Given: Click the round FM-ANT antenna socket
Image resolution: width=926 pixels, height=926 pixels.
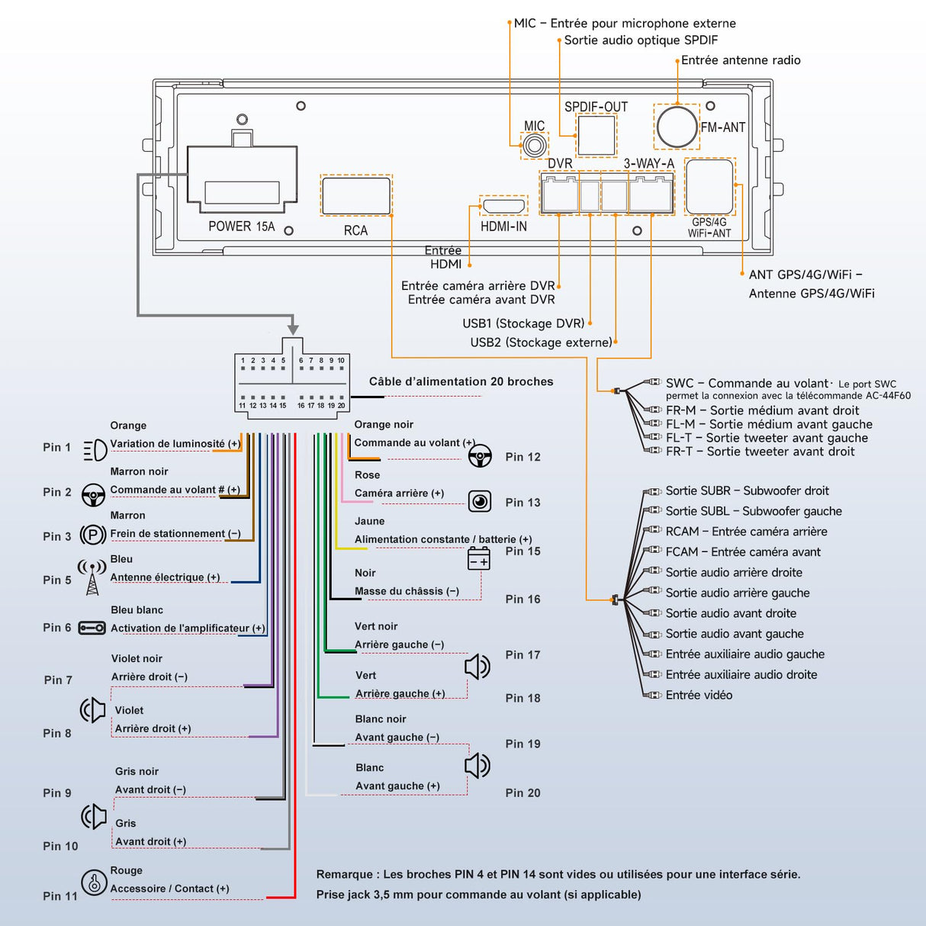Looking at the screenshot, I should pyautogui.click(x=677, y=127).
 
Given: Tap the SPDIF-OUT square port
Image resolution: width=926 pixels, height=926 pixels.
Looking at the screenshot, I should pyautogui.click(x=596, y=135).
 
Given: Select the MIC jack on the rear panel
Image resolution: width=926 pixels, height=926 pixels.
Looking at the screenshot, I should pyautogui.click(x=535, y=145).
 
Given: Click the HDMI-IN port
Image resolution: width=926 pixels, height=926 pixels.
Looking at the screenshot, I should pyautogui.click(x=503, y=206).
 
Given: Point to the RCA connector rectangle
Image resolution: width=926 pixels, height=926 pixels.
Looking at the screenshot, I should pyautogui.click(x=356, y=195).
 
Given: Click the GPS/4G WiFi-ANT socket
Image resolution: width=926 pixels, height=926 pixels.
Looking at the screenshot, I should pyautogui.click(x=709, y=187).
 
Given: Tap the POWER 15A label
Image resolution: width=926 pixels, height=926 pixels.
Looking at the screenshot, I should pyautogui.click(x=241, y=227).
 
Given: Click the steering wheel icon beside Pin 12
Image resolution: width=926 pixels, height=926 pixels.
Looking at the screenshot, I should pyautogui.click(x=479, y=457).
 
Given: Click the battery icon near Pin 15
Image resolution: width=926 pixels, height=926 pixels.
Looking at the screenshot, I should pyautogui.click(x=479, y=559).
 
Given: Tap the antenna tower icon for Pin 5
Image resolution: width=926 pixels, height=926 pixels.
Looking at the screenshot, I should pyautogui.click(x=92, y=577).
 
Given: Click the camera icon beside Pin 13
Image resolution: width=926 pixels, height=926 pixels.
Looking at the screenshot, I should pyautogui.click(x=479, y=501).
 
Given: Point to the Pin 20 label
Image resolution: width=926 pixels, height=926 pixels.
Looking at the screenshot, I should pyautogui.click(x=522, y=793).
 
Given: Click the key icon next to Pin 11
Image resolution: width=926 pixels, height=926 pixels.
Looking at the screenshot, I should pyautogui.click(x=94, y=883).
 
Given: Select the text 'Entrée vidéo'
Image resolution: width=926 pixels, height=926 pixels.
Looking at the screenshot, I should pyautogui.click(x=699, y=695).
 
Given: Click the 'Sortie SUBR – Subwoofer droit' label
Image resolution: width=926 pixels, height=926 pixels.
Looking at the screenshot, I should pyautogui.click(x=747, y=491).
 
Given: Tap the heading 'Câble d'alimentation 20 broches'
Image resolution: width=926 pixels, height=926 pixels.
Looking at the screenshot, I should pyautogui.click(x=461, y=381).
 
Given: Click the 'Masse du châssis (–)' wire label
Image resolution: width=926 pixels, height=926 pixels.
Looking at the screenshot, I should pyautogui.click(x=407, y=591).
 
